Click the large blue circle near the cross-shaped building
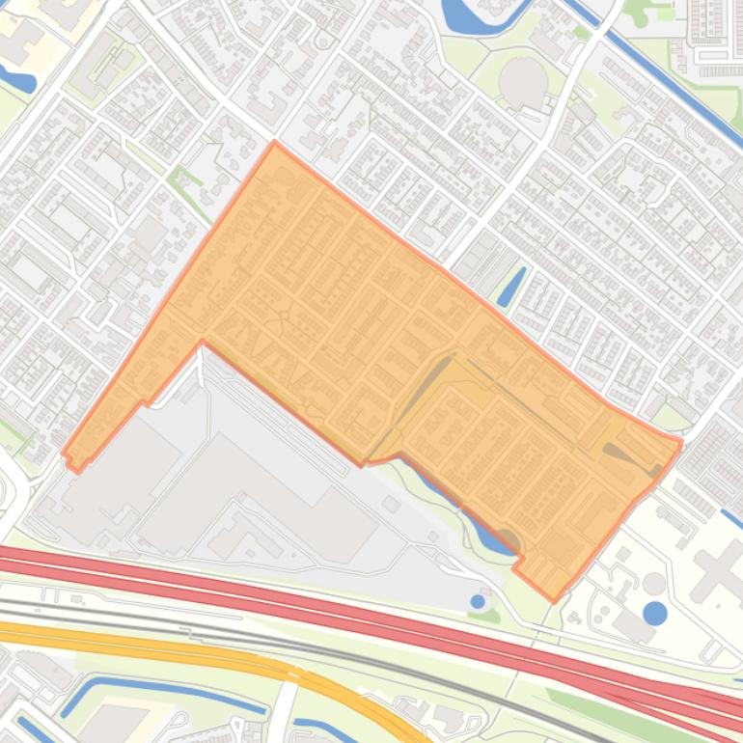point(654,613)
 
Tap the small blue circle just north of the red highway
point(478,601)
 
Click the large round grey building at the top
point(523,83)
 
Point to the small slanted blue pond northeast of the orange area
point(510,287)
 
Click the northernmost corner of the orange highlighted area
point(275,143)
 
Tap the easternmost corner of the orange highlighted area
point(680,443)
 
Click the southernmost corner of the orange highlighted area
point(554,599)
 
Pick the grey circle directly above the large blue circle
point(654,583)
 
